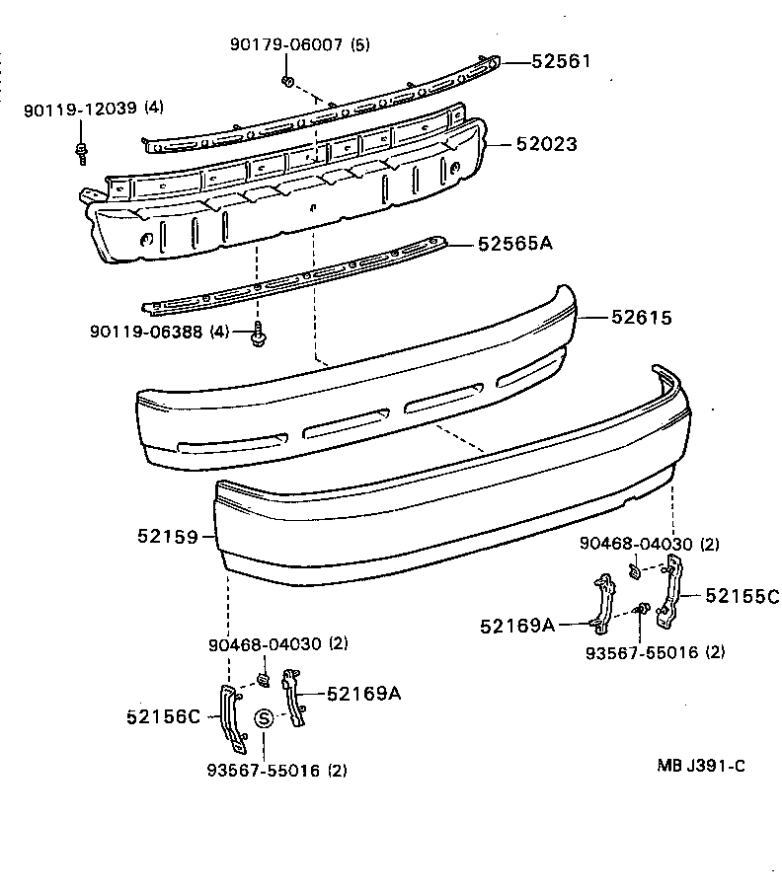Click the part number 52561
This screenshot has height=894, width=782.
(x=561, y=61)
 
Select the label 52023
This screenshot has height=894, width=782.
(x=546, y=145)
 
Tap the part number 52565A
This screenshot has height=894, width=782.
(x=514, y=242)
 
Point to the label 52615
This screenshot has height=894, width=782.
(x=641, y=318)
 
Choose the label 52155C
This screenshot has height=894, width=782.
(x=742, y=596)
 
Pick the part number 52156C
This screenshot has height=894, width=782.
(x=163, y=716)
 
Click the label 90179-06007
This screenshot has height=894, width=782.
(x=287, y=44)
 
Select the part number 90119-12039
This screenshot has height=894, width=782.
(x=81, y=108)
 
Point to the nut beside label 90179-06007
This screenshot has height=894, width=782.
(x=286, y=79)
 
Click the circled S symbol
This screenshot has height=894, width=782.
(x=264, y=718)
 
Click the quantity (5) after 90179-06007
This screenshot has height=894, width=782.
(x=359, y=44)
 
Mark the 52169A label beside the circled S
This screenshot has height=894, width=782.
(x=363, y=694)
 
